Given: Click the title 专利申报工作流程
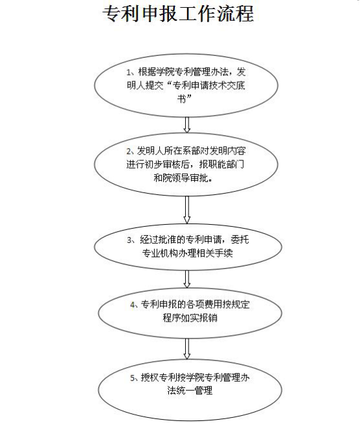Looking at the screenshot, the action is [x=178, y=14].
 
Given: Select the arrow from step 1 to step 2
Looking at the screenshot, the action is [x=186, y=125].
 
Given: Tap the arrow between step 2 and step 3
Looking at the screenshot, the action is [x=186, y=210].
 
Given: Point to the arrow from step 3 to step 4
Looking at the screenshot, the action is [x=186, y=279].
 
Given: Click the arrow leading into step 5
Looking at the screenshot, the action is [x=186, y=349].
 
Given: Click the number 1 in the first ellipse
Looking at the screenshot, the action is [x=129, y=72].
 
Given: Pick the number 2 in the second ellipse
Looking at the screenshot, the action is [x=129, y=151].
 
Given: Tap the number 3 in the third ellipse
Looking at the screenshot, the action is [x=129, y=240].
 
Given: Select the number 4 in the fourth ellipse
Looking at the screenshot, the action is [x=133, y=305].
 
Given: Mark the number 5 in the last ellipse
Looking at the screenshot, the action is [x=133, y=378].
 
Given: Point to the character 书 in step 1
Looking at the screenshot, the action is [x=181, y=99].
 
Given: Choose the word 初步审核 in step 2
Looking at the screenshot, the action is [x=162, y=164].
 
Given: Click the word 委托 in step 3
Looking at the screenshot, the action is [x=240, y=240].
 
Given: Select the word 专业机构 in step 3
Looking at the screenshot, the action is [x=160, y=253].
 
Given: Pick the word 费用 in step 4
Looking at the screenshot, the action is [x=213, y=305].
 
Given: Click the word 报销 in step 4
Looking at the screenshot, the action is [x=208, y=318].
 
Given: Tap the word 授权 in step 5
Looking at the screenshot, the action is [x=149, y=378].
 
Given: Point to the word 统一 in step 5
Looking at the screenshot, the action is [x=185, y=391].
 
